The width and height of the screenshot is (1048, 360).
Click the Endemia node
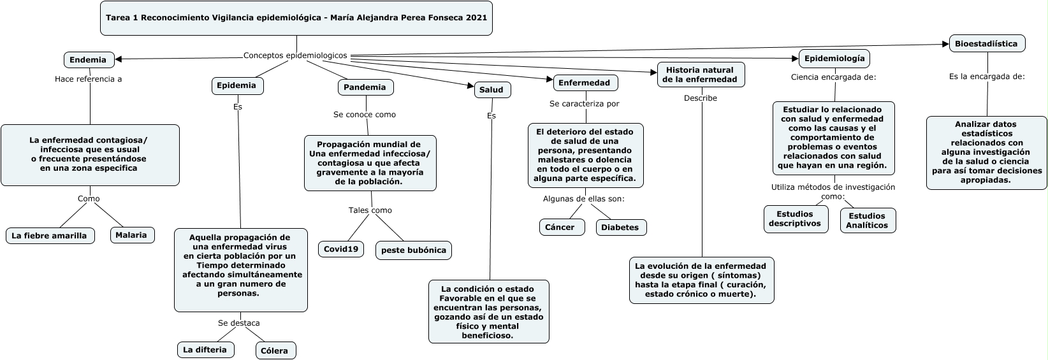click(88, 60)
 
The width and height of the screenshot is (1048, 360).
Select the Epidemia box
click(237, 85)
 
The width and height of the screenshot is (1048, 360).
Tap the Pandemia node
click(365, 87)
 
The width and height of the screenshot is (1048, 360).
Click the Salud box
click(491, 90)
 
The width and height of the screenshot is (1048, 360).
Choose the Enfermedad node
click(585, 83)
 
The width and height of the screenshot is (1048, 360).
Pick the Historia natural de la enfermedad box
click(700, 75)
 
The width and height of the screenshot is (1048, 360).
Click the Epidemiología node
click(834, 59)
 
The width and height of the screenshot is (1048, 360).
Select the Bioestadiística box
click(987, 43)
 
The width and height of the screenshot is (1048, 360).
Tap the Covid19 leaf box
click(341, 249)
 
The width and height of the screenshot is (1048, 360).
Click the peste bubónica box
click(414, 250)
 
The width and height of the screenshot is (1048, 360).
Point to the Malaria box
click(132, 235)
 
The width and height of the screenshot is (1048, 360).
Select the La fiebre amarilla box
click(50, 236)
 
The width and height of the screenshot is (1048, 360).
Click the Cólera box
click(275, 350)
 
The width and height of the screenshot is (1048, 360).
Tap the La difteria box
click(205, 350)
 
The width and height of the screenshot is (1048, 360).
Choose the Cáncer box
click(560, 227)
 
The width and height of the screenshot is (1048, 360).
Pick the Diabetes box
click(620, 227)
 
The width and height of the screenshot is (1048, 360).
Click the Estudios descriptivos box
click(795, 219)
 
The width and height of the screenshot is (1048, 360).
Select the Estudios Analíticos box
click(868, 220)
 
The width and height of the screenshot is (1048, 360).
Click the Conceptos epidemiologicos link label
click(296, 55)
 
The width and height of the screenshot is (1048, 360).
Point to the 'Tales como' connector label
click(370, 210)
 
